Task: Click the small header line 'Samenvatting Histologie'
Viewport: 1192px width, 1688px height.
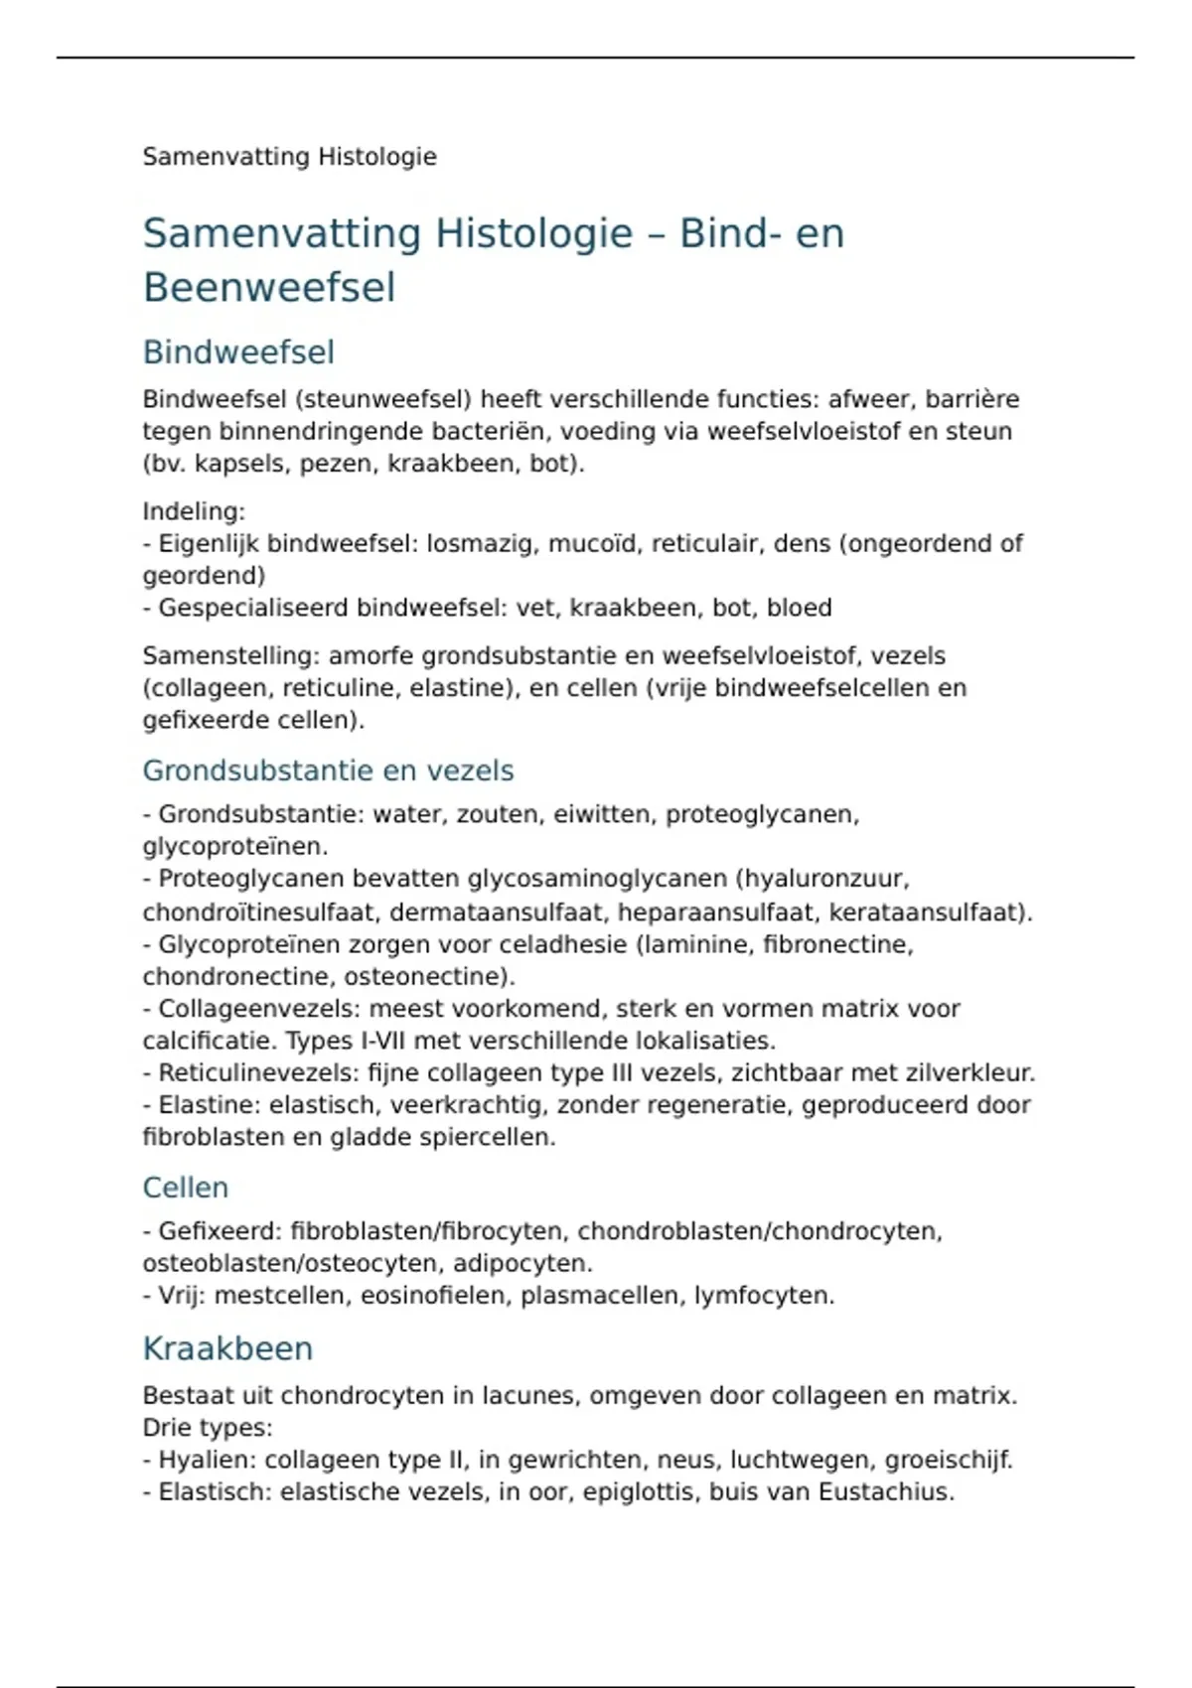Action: pos(289,157)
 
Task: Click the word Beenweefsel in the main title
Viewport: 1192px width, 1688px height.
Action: pos(269,288)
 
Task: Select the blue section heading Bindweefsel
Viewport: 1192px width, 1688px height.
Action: pos(238,352)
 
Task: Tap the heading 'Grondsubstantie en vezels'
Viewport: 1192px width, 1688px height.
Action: pos(328,771)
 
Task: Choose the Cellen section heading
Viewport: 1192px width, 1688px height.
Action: pos(186,1188)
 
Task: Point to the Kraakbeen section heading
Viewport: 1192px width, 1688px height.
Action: pos(227,1348)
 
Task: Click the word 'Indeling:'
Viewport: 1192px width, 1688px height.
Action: pos(194,511)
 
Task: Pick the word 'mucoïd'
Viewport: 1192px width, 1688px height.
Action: pos(593,544)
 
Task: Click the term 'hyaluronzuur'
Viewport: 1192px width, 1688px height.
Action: pos(824,879)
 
